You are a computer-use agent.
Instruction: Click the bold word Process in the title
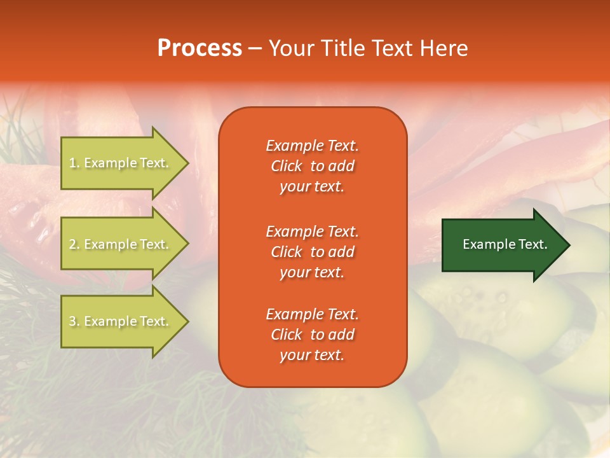point(200,48)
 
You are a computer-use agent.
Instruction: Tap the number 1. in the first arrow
point(74,163)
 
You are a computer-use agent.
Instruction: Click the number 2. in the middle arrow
point(74,244)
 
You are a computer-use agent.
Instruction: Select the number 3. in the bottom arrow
point(74,321)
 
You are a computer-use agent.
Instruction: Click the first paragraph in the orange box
point(312,166)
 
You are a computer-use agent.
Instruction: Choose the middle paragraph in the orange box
point(312,252)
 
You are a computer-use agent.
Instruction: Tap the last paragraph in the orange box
point(312,335)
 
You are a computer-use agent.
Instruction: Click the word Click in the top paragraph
point(286,166)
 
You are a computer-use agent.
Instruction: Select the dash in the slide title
point(255,49)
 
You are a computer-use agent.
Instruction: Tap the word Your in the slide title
point(292,48)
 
